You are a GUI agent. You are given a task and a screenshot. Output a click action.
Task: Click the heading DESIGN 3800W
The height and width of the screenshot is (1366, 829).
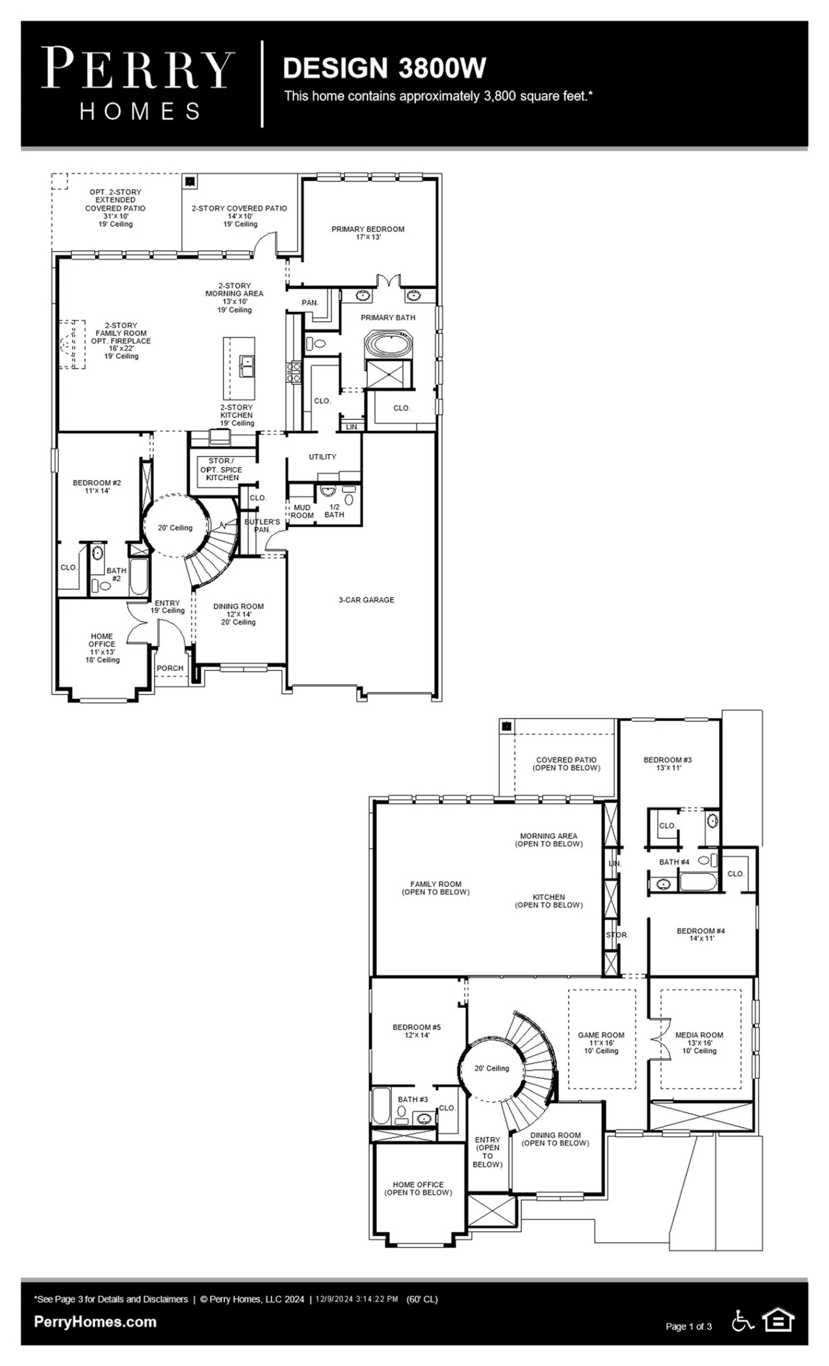click(384, 68)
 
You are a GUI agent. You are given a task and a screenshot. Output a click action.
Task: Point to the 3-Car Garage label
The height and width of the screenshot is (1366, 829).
click(366, 600)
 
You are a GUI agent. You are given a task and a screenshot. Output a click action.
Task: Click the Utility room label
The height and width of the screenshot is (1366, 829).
click(322, 457)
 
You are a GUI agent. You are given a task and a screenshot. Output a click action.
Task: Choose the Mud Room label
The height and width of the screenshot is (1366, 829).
click(302, 511)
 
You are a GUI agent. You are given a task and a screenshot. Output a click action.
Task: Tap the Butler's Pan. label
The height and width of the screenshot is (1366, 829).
click(262, 526)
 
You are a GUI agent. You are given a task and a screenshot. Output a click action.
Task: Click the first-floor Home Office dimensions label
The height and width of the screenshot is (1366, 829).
click(102, 652)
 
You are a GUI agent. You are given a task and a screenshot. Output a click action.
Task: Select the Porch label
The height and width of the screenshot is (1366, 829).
click(170, 668)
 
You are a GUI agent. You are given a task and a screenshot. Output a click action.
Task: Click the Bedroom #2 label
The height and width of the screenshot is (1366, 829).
click(97, 486)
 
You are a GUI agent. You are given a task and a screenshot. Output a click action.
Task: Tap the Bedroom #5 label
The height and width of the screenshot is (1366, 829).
click(417, 1031)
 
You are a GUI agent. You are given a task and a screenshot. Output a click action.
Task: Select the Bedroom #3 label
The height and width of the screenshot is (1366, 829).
click(668, 763)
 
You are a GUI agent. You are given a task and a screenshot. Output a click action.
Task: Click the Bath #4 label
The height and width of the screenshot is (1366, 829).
click(674, 862)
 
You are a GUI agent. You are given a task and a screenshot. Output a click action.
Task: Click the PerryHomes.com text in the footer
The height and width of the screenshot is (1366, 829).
click(95, 1322)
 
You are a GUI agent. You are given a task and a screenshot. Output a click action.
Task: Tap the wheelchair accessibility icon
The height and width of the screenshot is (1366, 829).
click(742, 1320)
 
